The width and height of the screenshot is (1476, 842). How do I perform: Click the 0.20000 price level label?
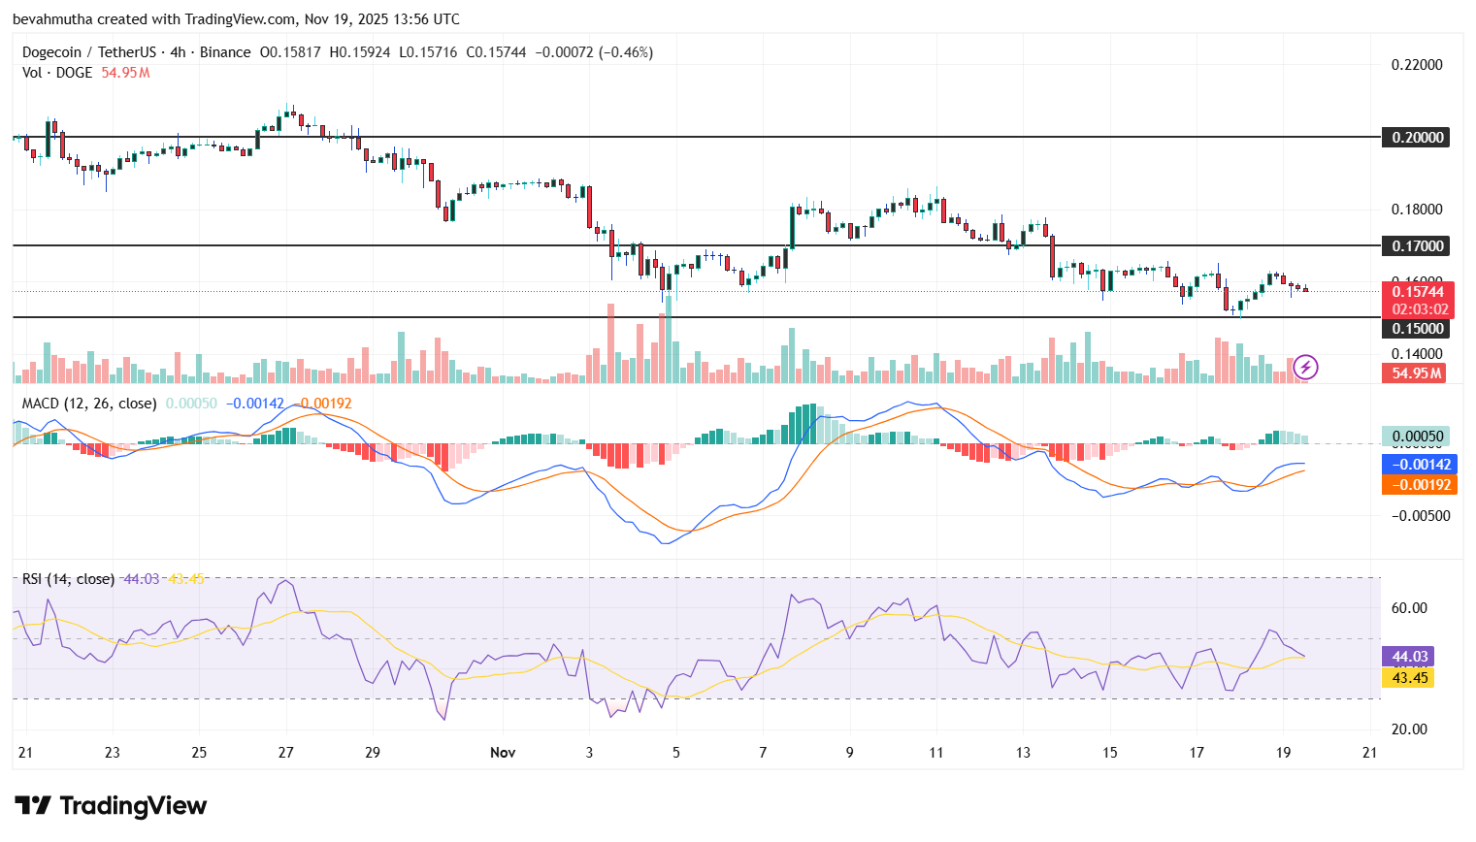click(x=1418, y=137)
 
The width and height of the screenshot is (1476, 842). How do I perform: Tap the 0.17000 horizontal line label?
click(x=1418, y=245)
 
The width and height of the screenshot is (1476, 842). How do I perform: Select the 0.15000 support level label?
click(x=1418, y=328)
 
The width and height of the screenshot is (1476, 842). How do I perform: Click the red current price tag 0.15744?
click(x=1418, y=291)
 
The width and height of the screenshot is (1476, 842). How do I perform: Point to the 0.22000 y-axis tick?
click(x=1417, y=65)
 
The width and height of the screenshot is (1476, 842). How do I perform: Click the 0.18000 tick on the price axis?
click(x=1417, y=210)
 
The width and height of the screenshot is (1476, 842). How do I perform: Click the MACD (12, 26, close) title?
click(x=89, y=404)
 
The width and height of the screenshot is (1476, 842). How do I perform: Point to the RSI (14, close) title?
click(x=68, y=579)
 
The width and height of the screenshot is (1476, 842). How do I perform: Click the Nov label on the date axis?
click(x=503, y=753)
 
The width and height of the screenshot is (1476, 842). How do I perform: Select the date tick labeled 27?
click(x=285, y=753)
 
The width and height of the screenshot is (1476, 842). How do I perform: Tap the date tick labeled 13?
click(x=1023, y=753)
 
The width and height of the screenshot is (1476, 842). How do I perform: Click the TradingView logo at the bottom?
click(x=111, y=806)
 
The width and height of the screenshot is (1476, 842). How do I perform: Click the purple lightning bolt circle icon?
click(x=1305, y=367)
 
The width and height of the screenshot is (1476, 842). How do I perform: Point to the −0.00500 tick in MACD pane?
click(x=1421, y=516)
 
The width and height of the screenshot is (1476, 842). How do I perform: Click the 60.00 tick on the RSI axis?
click(x=1409, y=608)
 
